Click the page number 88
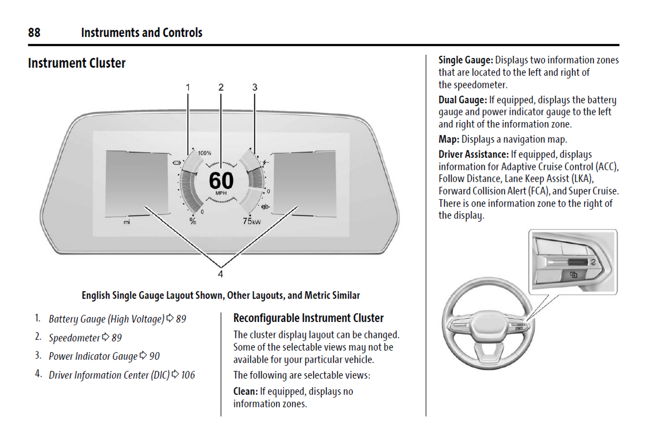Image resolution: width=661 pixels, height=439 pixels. (x=34, y=32)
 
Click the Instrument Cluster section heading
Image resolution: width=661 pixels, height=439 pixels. (x=76, y=63)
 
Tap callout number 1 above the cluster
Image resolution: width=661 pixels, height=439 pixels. (x=188, y=87)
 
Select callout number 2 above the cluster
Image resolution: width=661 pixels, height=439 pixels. (x=221, y=87)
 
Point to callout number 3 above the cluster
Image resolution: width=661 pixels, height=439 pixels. (x=255, y=87)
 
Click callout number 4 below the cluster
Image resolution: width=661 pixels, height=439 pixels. (x=220, y=274)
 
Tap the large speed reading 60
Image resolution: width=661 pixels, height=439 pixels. (x=221, y=180)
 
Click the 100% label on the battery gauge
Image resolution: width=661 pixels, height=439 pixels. (x=204, y=153)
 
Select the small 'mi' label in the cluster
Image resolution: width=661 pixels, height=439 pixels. (x=127, y=222)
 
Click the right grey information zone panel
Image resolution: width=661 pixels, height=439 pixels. (x=304, y=183)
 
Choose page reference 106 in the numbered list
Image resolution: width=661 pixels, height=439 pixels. (x=188, y=375)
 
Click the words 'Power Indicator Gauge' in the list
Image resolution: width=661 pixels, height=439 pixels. (x=93, y=356)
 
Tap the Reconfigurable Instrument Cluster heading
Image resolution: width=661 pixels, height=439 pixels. (x=308, y=318)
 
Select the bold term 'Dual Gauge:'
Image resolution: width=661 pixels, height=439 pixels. (x=462, y=100)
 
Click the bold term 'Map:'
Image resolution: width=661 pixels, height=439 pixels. (x=449, y=139)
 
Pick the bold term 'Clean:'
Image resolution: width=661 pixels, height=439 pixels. (x=246, y=391)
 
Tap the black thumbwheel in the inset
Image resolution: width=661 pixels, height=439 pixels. (x=578, y=262)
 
